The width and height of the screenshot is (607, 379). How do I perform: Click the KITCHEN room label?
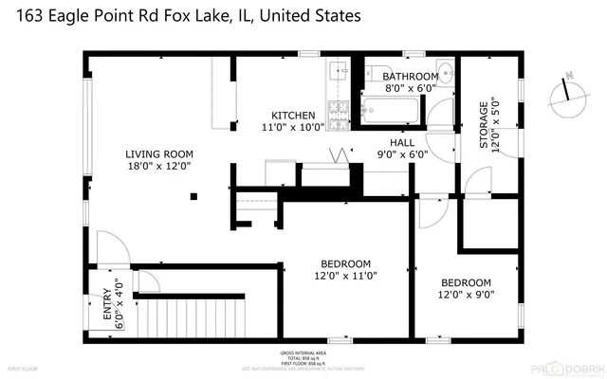(293, 116)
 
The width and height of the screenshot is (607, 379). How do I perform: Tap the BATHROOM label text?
(410, 76)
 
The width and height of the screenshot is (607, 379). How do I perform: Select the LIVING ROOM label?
(160, 153)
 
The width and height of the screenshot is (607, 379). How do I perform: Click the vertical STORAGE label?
(483, 127)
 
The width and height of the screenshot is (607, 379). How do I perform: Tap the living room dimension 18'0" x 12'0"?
(160, 165)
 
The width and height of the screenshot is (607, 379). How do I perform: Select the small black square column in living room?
(193, 196)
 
